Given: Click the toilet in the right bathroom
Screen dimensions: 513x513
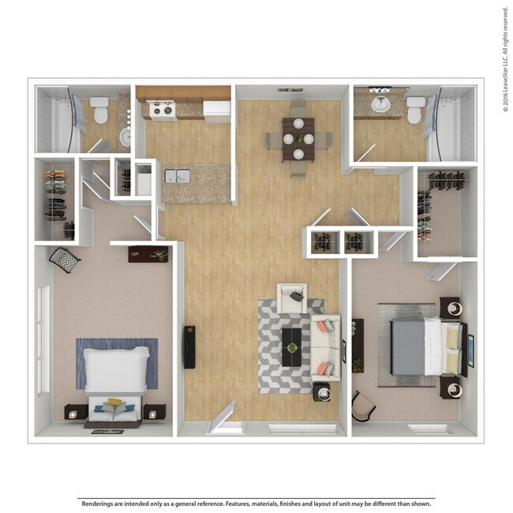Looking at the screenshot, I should [415, 110].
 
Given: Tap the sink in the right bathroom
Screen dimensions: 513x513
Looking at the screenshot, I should [381, 103].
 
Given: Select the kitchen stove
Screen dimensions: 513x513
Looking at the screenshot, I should [163, 110].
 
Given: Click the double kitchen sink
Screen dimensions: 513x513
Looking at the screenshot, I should [177, 175].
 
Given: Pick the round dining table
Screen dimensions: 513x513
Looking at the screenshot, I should [298, 137].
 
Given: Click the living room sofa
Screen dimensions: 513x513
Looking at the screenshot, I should [326, 346].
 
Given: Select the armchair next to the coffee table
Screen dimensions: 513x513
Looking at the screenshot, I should [291, 298].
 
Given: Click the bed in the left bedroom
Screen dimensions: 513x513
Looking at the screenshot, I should [117, 375].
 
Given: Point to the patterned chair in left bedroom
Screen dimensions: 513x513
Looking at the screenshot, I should [65, 259].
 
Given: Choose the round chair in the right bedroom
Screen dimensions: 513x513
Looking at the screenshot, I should [362, 406].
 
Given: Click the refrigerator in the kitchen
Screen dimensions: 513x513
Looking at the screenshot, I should [217, 110].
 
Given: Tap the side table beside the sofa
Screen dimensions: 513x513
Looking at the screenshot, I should [322, 391].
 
